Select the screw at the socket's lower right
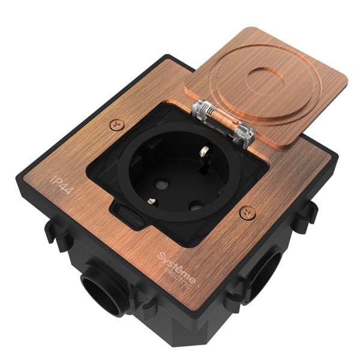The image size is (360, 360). click(245, 211)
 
